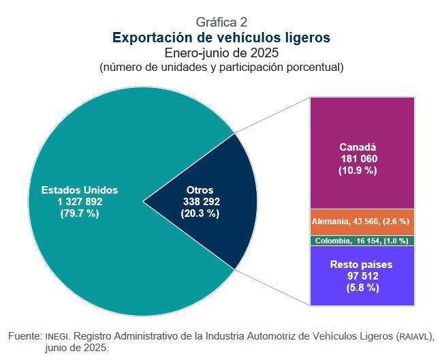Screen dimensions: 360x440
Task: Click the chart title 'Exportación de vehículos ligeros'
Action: pyautogui.click(x=221, y=37)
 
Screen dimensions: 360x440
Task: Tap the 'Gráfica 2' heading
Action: pyautogui.click(x=221, y=22)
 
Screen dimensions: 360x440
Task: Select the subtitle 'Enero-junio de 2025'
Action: pyautogui.click(x=221, y=52)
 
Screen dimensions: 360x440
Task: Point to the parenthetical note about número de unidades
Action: pyautogui.click(x=221, y=67)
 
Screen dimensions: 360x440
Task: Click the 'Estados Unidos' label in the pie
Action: pyautogui.click(x=80, y=190)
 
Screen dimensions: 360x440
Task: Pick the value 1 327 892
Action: pyautogui.click(x=80, y=202)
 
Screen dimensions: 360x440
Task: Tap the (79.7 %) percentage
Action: pyautogui.click(x=80, y=213)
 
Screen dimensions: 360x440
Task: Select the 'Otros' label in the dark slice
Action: pyautogui.click(x=200, y=190)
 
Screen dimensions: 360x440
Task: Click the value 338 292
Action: pyautogui.click(x=201, y=202)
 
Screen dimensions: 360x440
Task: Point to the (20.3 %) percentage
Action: pyautogui.click(x=200, y=213)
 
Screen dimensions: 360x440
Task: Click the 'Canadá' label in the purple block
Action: pyautogui.click(x=358, y=147)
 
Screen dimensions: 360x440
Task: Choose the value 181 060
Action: pyautogui.click(x=359, y=159)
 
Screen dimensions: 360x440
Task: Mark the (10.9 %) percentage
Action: pyautogui.click(x=358, y=170)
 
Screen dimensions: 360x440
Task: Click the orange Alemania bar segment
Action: pyautogui.click(x=362, y=222)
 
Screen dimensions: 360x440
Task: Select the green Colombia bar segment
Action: pyautogui.click(x=362, y=241)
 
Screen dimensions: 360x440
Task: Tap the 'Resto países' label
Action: pyautogui.click(x=361, y=264)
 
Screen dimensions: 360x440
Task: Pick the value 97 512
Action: pyautogui.click(x=361, y=276)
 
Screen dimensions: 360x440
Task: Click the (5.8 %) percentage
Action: pyautogui.click(x=361, y=288)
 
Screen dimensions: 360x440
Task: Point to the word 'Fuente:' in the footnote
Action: pyautogui.click(x=25, y=336)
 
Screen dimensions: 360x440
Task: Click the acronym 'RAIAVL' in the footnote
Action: pyautogui.click(x=415, y=337)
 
